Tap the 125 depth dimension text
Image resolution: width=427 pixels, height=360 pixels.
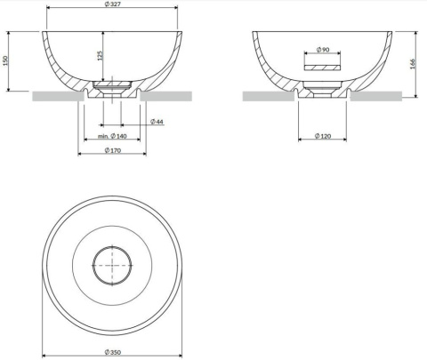click(101, 55)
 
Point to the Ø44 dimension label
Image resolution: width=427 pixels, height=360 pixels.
click(156, 121)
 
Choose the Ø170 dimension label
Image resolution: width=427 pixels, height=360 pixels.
click(112, 151)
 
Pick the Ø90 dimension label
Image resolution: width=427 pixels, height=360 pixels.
click(323, 49)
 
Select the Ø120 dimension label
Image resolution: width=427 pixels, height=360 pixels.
click(323, 136)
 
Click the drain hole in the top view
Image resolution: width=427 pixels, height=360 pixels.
click(112, 264)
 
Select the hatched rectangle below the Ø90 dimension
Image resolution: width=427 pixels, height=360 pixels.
click(322, 66)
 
